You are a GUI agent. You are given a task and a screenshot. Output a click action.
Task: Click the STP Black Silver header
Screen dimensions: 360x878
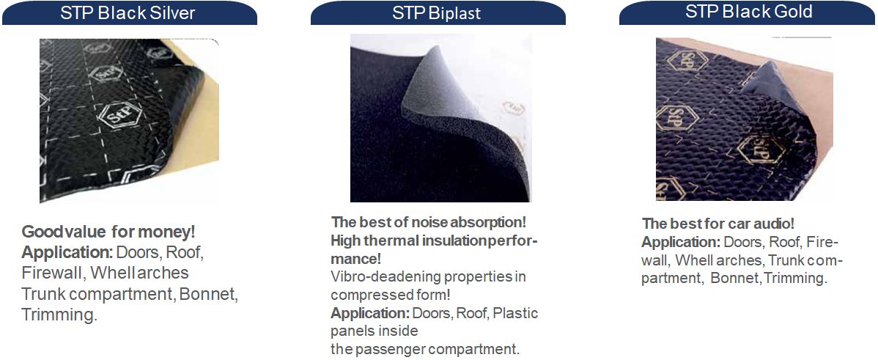pyautogui.click(x=130, y=12)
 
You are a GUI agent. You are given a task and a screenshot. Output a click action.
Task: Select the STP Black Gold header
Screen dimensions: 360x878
pyautogui.click(x=748, y=12)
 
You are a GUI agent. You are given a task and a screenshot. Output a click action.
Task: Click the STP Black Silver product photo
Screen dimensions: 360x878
pyautogui.click(x=129, y=120)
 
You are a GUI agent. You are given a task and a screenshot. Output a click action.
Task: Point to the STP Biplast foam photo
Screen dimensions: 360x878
pyautogui.click(x=440, y=118)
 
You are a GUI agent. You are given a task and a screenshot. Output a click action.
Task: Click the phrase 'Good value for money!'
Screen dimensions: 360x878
pyautogui.click(x=108, y=232)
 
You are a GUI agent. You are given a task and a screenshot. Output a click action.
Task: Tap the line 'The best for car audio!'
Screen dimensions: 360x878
pyautogui.click(x=717, y=224)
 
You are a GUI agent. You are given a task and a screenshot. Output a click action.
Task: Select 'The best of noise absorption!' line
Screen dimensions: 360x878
pyautogui.click(x=429, y=221)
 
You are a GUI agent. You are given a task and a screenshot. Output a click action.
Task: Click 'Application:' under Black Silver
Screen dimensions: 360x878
pyautogui.click(x=67, y=253)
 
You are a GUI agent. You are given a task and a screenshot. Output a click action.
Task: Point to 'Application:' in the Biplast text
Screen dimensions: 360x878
pyautogui.click(x=370, y=313)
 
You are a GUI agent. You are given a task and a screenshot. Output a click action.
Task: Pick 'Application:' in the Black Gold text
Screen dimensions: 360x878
pyautogui.click(x=681, y=242)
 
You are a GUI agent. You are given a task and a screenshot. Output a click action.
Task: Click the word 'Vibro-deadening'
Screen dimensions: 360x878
pyautogui.click(x=375, y=276)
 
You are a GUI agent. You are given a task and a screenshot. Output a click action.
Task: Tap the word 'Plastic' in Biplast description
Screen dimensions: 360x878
pyautogui.click(x=515, y=313)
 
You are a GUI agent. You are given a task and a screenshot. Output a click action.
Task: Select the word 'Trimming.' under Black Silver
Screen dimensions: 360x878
pyautogui.click(x=59, y=315)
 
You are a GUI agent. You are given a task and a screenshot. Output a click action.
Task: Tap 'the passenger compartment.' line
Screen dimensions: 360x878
pyautogui.click(x=425, y=350)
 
